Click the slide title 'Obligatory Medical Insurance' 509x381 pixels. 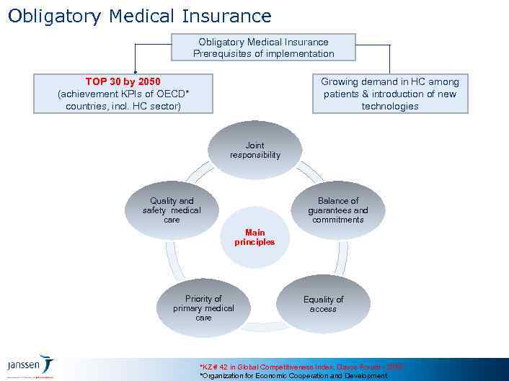(x=140, y=16)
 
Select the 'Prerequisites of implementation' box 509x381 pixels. (x=263, y=48)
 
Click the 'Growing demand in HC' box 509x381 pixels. (x=389, y=94)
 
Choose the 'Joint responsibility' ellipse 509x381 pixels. (x=255, y=150)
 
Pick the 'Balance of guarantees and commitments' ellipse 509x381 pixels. (x=337, y=210)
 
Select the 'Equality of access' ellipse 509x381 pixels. (x=323, y=304)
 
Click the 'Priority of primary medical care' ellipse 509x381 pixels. (x=203, y=308)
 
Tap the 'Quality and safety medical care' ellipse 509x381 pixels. (x=172, y=210)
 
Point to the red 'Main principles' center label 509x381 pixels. (x=254, y=238)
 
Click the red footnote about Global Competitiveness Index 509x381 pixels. (x=301, y=367)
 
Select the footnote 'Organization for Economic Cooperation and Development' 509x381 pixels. (x=293, y=376)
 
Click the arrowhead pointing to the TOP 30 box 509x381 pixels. (x=133, y=70)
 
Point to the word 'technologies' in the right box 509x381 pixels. (x=389, y=107)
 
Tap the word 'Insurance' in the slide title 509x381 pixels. (x=226, y=16)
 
